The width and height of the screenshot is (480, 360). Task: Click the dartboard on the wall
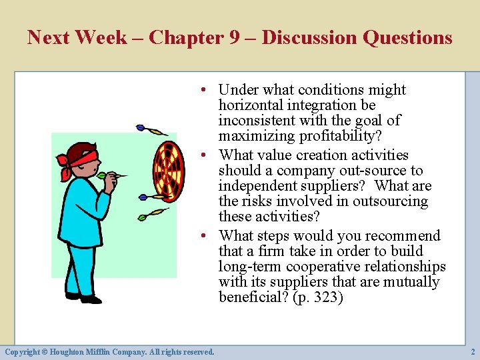coord(168,172)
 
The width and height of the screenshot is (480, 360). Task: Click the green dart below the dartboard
coord(153,215)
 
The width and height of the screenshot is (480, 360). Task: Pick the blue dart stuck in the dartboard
coord(150,197)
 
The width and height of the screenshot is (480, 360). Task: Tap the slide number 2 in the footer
coord(471,351)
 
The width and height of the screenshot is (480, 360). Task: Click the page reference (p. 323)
coord(318,297)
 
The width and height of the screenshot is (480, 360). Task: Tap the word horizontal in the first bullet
coord(251,105)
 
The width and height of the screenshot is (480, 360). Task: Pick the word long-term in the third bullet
coord(250,267)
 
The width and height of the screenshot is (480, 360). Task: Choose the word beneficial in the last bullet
coord(253,297)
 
